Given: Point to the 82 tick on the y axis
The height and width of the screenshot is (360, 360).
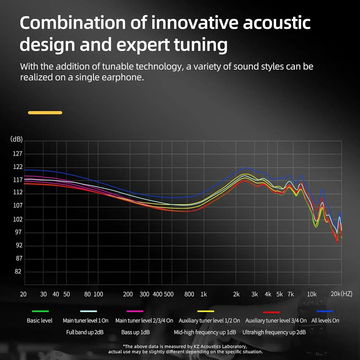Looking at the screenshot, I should (18, 271).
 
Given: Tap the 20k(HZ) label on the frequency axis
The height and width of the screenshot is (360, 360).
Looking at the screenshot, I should (341, 294).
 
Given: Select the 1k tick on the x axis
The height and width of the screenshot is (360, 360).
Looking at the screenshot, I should (204, 294).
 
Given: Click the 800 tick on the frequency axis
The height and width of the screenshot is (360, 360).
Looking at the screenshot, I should (189, 294).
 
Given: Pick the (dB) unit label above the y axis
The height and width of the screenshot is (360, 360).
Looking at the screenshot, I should (17, 139).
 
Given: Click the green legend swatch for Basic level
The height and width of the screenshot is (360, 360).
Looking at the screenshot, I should (40, 311).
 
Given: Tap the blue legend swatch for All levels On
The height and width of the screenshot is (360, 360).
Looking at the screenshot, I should (324, 311).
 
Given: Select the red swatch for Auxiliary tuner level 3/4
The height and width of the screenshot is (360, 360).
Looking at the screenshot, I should (271, 312).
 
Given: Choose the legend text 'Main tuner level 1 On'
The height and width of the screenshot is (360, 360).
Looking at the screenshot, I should (85, 321).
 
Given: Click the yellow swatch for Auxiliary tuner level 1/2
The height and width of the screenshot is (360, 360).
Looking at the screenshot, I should (206, 311).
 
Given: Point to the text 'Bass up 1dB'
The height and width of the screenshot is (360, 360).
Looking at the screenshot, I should (136, 332).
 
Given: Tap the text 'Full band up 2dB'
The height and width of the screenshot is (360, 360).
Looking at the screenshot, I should (85, 332).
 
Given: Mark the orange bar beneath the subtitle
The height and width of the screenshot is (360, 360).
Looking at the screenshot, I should (45, 112).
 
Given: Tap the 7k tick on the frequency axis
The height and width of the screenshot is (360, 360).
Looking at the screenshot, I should (290, 294).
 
